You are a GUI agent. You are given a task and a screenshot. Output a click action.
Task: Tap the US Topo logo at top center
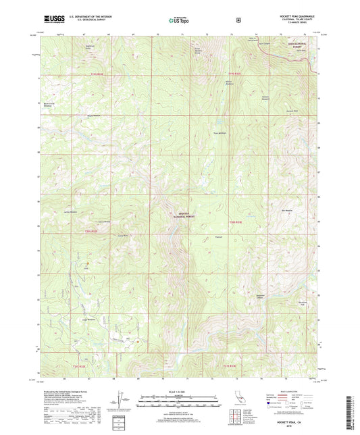(180, 20)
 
